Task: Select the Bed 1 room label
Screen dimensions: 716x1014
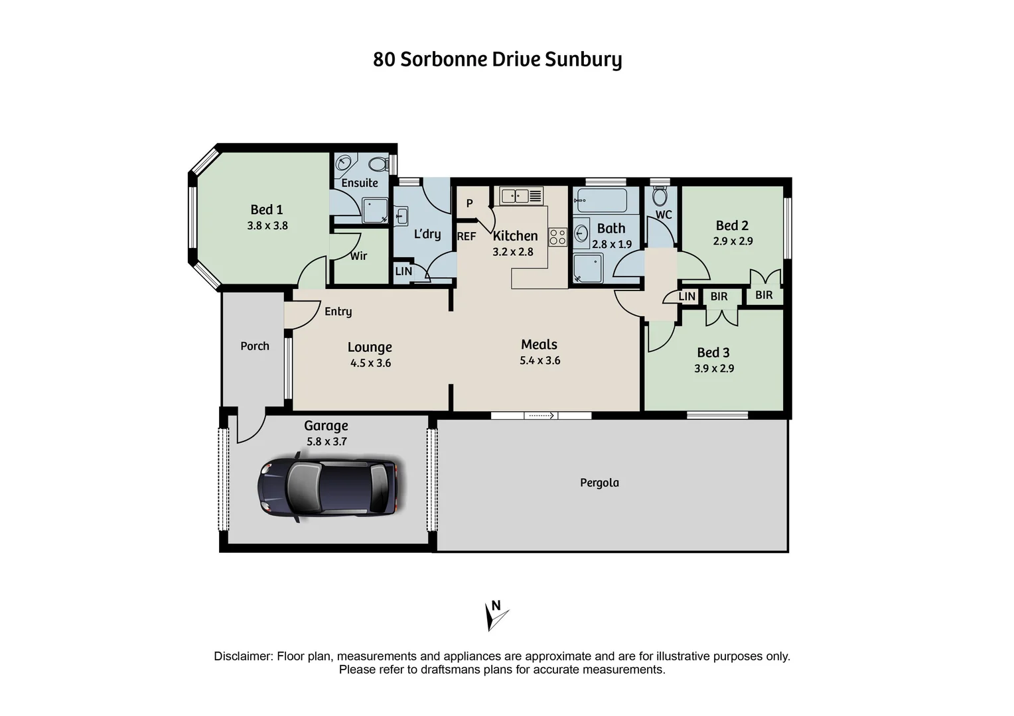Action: coord(267,209)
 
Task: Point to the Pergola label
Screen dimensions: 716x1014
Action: coord(599,483)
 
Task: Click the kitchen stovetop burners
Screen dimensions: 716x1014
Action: coord(557,237)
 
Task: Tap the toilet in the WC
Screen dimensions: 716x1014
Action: coord(660,196)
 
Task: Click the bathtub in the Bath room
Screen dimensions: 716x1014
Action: coord(601,200)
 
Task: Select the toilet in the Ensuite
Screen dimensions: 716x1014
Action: coord(378,164)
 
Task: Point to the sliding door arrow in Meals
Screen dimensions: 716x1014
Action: coord(541,416)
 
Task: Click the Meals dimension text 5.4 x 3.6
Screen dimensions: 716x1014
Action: coord(540,361)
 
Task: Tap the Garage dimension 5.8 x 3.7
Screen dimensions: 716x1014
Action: coord(326,442)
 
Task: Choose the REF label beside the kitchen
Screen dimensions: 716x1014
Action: coord(467,236)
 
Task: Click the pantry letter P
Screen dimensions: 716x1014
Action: coord(469,203)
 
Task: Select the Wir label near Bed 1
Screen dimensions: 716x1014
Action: coord(358,256)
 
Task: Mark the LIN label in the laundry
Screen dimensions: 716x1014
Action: coord(403,271)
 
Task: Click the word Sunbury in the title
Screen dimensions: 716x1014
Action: coord(583,60)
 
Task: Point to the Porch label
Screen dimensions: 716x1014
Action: coord(255,346)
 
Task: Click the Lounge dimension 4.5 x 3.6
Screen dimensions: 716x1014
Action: coord(370,363)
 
